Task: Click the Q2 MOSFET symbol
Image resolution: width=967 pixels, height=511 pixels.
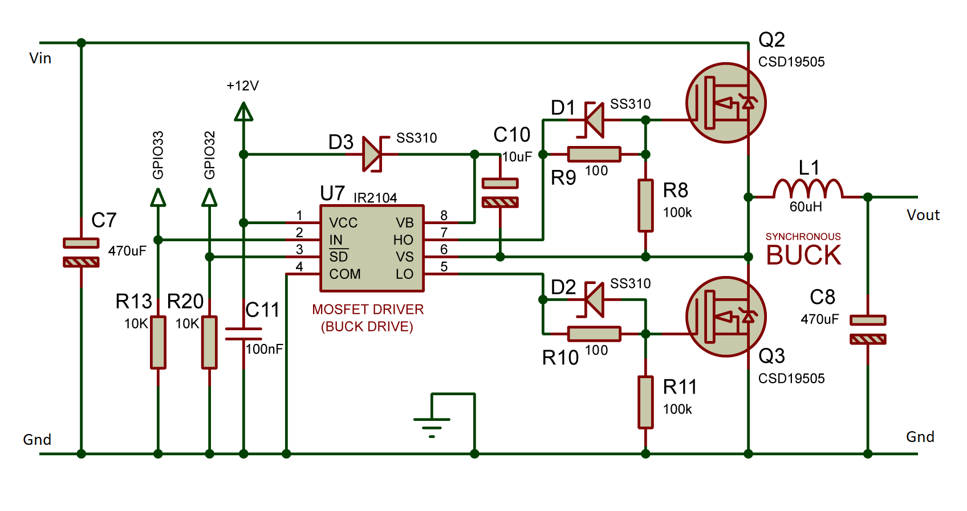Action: tap(725, 103)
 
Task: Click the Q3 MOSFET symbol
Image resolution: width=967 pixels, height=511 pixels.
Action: tap(725, 317)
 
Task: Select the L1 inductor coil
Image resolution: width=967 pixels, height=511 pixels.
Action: tap(807, 189)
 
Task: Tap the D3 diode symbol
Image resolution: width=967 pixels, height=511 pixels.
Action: tap(372, 154)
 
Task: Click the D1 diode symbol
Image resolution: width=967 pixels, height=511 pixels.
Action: tap(595, 120)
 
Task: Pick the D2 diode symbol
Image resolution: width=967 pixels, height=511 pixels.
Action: tap(595, 299)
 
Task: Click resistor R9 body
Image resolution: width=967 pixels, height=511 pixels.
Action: tap(594, 154)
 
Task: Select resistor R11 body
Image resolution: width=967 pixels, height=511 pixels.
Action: tap(645, 402)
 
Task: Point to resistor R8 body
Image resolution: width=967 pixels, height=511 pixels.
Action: tap(645, 205)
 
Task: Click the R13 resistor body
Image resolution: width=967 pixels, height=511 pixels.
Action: tap(158, 342)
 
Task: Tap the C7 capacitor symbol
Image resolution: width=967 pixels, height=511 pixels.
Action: tap(81, 252)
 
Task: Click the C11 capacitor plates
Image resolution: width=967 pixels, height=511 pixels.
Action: tap(243, 334)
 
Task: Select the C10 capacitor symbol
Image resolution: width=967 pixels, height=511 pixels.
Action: tap(500, 192)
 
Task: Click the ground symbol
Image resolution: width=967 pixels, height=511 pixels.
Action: tap(432, 425)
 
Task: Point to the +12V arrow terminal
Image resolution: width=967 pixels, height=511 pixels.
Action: tap(243, 112)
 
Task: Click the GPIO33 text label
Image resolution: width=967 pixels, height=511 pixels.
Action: tap(158, 155)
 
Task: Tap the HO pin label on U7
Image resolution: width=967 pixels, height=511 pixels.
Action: tap(403, 240)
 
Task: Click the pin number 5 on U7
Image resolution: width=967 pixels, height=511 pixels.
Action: tap(444, 266)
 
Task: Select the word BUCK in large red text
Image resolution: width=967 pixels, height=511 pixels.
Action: tap(803, 255)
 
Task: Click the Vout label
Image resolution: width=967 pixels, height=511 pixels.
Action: tap(923, 215)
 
